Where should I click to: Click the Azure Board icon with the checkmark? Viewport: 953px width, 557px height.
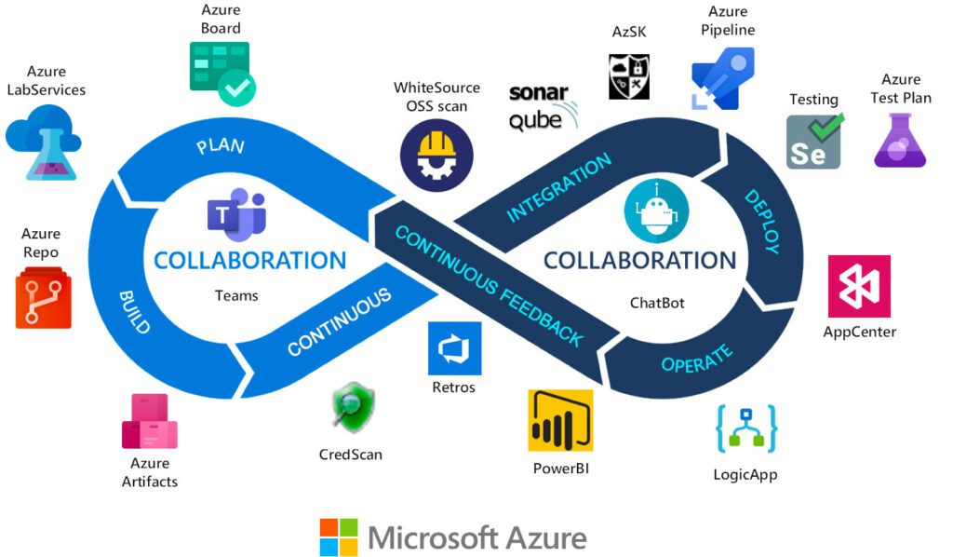point(221,75)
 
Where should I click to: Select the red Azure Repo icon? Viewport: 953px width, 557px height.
point(43,297)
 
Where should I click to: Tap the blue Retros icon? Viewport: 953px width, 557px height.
point(454,348)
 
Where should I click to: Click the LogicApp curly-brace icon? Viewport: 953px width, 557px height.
point(745,429)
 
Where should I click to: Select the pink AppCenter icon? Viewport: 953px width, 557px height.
point(859,287)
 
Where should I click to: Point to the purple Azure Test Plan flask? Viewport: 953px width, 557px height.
point(899,141)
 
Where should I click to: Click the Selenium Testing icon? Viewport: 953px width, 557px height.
point(813,142)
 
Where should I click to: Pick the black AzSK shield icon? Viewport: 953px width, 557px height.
point(629,76)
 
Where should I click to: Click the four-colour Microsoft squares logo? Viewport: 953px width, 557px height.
point(339,537)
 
